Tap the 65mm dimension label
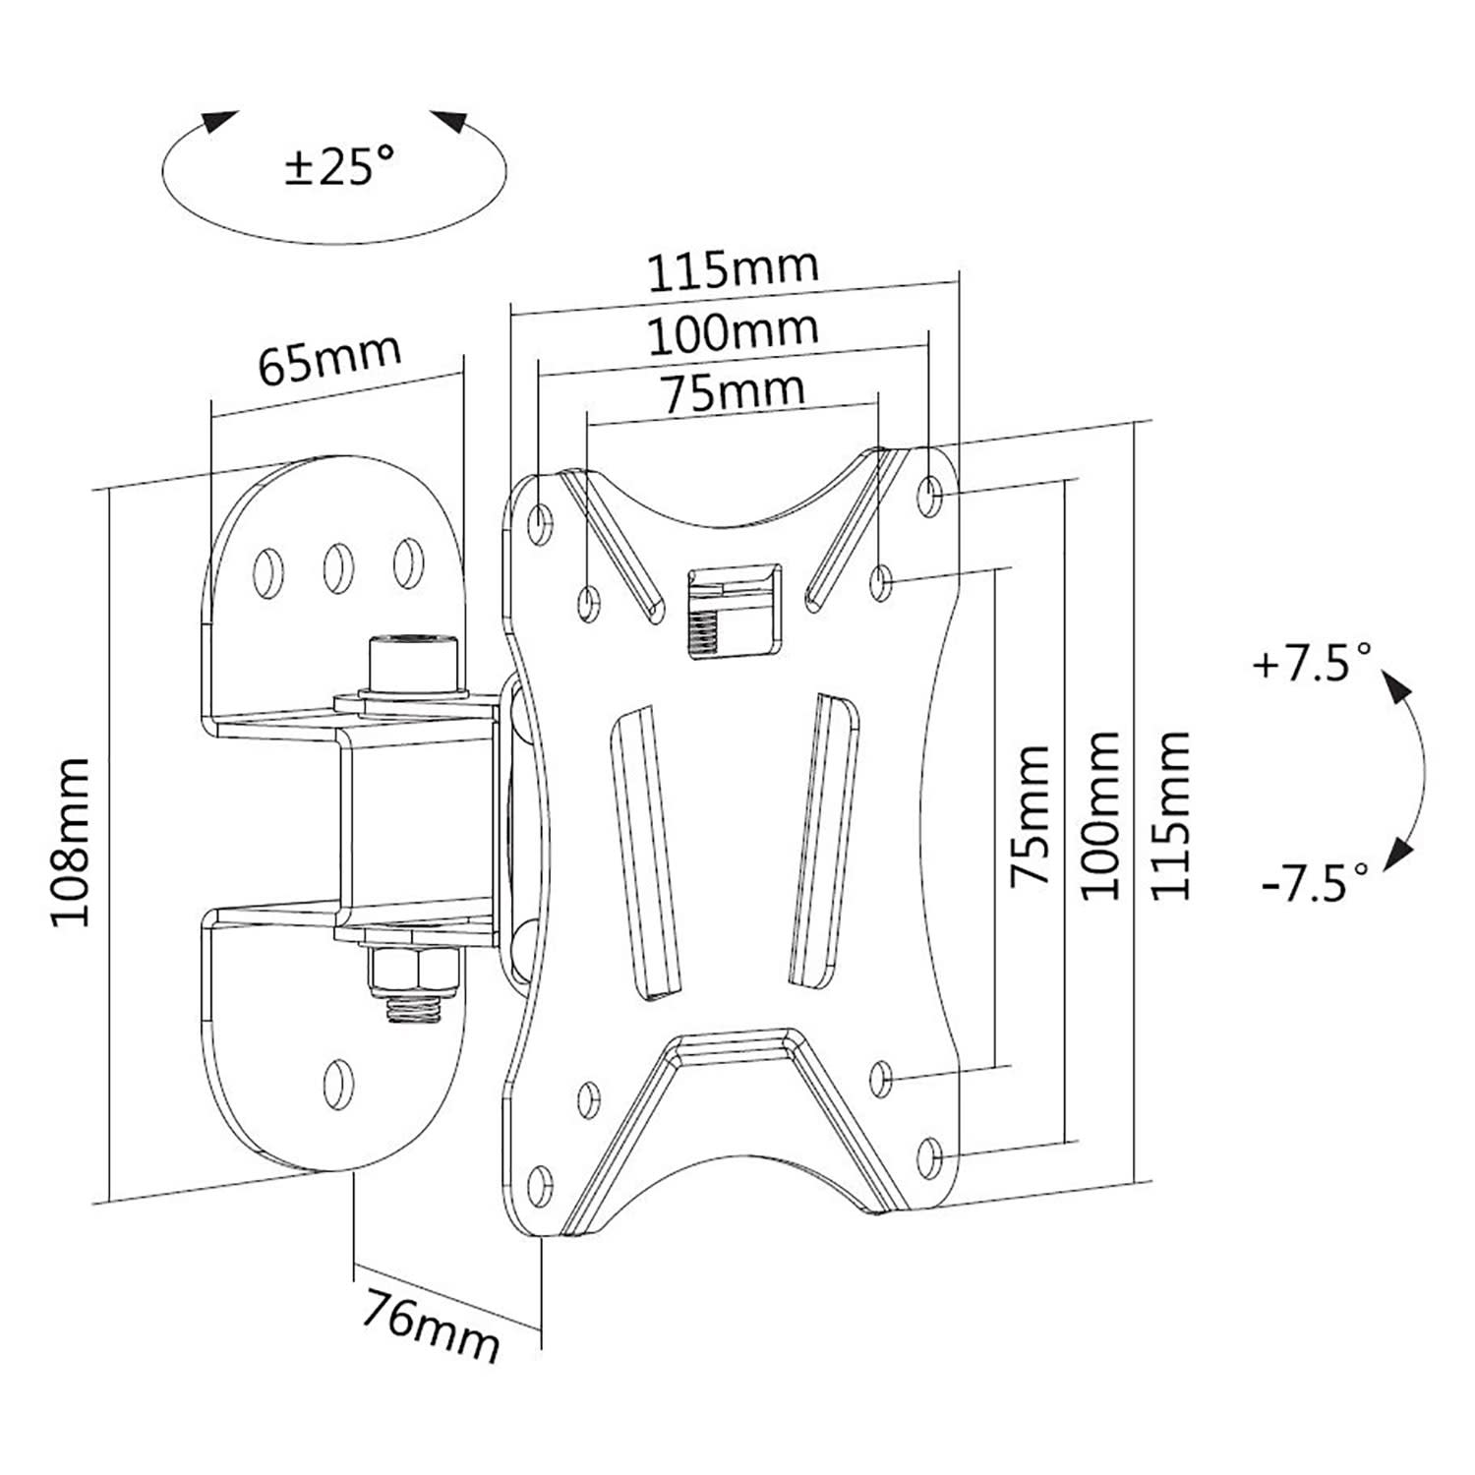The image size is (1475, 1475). click(x=329, y=361)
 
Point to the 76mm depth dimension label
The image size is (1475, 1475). click(x=429, y=1325)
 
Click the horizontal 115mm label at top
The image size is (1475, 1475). click(x=733, y=269)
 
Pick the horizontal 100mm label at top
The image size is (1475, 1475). click(x=733, y=332)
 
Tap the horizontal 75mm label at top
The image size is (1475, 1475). click(x=733, y=391)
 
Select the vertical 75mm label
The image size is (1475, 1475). click(x=1031, y=816)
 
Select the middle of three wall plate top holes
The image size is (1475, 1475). click(x=336, y=565)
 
